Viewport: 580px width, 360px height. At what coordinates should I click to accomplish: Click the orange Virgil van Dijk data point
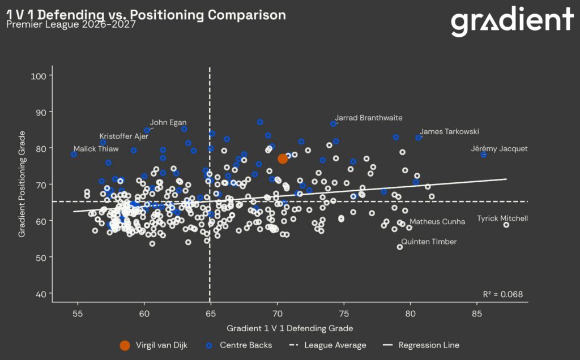283,159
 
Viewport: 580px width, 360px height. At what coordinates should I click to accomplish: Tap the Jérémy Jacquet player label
499,148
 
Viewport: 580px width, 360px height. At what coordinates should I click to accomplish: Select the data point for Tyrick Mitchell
506,225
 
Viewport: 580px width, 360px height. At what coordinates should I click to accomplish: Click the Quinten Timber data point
399,247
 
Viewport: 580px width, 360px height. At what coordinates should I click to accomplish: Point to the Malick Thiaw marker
74,154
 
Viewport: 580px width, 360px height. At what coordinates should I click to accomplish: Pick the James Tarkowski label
449,131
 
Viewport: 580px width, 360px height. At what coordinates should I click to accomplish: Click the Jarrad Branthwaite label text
368,118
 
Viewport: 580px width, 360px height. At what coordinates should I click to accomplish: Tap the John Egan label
168,122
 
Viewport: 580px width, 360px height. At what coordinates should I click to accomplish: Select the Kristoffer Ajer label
123,136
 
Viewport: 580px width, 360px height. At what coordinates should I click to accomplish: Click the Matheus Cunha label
437,222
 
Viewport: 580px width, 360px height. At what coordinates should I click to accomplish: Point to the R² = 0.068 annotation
503,294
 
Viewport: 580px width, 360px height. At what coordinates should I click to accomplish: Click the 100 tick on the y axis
39,76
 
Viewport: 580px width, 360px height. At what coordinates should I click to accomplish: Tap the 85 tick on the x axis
477,314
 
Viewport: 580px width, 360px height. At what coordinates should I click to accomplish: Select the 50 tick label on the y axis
41,258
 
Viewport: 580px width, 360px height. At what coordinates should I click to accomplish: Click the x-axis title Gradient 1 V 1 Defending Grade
289,328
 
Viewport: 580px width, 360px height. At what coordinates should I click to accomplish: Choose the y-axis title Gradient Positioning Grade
22,184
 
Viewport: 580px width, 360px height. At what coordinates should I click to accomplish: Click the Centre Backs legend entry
240,345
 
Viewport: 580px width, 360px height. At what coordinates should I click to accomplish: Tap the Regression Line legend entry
421,345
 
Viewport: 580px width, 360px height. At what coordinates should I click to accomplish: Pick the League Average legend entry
328,345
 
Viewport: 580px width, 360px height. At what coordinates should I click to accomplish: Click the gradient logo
512,22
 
